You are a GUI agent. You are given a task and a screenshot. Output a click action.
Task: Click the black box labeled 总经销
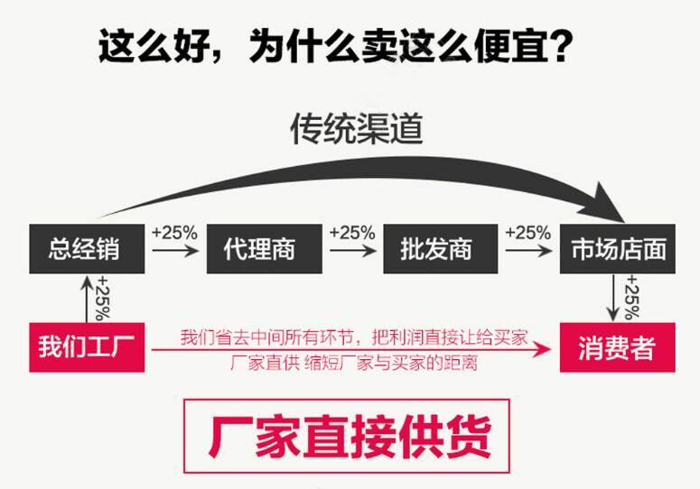point(87,249)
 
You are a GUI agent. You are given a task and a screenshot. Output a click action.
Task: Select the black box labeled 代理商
point(265,249)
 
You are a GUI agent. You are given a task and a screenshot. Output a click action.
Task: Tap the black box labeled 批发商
point(441,249)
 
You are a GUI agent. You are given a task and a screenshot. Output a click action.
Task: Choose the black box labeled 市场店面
point(618,249)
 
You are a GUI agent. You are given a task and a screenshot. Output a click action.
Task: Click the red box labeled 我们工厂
point(87,347)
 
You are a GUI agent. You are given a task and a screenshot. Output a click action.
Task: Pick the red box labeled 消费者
point(618,347)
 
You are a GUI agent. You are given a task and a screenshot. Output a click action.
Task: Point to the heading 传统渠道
point(357,129)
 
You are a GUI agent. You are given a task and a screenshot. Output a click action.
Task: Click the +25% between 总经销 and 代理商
point(174,233)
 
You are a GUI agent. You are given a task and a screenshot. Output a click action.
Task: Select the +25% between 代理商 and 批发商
point(352,233)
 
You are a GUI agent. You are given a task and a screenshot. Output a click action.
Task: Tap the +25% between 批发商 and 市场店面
point(528,233)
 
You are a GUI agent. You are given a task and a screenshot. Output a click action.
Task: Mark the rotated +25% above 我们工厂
point(103,298)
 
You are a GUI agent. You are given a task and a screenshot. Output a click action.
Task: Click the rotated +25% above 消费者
point(632,298)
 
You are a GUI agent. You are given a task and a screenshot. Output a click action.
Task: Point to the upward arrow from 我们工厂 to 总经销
point(87,299)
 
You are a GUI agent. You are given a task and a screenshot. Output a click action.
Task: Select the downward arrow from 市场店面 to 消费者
point(613,298)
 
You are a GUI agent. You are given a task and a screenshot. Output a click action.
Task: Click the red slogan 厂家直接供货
point(350,437)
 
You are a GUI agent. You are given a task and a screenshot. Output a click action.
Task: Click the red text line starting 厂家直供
point(354,363)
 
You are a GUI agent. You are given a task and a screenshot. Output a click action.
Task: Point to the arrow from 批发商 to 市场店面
point(528,251)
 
